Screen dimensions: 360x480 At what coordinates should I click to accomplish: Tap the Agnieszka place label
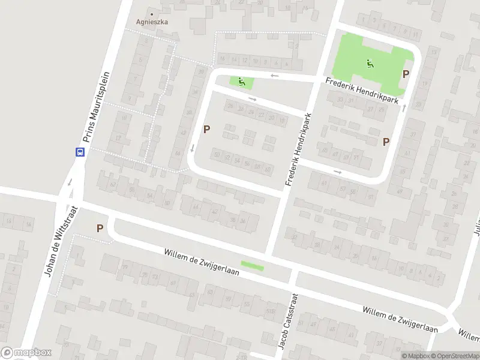coord(151,22)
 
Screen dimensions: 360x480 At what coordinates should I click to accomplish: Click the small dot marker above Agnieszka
coord(151,13)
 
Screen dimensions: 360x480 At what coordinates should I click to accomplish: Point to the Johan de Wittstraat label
coord(60,241)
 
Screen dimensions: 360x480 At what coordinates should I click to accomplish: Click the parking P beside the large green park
coord(406,74)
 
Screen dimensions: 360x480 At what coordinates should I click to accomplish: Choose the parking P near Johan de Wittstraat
coord(100,228)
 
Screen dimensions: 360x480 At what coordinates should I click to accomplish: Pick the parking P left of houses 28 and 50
coord(207,129)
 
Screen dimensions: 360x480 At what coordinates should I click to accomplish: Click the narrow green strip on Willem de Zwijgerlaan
coord(252,265)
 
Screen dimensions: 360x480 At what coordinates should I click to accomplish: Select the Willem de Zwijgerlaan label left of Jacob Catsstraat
coord(202,262)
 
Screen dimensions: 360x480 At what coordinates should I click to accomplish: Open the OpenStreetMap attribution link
coord(455,355)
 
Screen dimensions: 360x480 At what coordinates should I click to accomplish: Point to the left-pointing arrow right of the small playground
coord(274,76)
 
